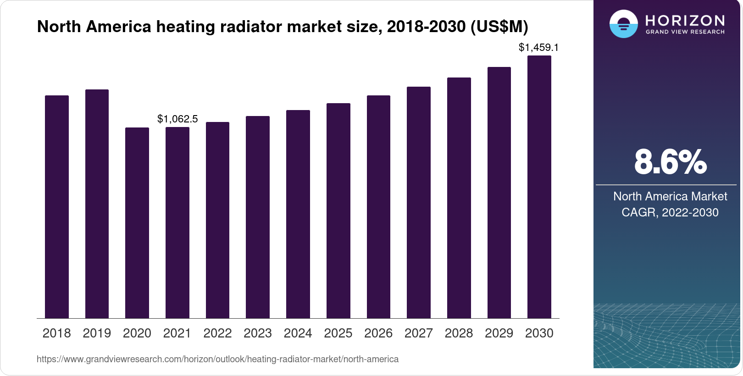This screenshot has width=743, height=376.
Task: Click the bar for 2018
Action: [57, 206]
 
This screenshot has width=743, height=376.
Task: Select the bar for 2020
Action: [137, 223]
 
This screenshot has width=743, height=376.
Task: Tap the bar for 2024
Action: [298, 214]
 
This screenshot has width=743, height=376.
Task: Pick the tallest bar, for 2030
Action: [539, 187]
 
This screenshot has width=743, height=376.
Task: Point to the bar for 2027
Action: [419, 202]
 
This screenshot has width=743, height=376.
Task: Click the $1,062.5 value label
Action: [177, 119]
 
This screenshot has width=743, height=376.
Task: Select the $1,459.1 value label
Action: [538, 47]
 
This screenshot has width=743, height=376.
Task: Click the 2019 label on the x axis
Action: [97, 333]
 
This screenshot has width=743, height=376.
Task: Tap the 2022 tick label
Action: [217, 333]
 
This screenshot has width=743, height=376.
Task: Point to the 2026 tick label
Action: [378, 333]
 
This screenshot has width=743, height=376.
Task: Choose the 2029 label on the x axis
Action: [499, 333]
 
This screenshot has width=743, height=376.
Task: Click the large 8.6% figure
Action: [670, 162]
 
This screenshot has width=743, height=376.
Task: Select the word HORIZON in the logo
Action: [685, 21]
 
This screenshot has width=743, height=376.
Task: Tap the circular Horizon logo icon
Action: [623, 24]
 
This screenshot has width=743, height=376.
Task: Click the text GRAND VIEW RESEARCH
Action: [685, 32]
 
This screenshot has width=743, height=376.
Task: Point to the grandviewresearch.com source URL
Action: [217, 359]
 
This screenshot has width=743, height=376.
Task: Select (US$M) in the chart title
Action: [499, 27]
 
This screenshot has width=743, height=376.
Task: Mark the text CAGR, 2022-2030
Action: [670, 212]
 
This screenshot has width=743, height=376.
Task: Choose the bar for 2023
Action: [258, 217]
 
